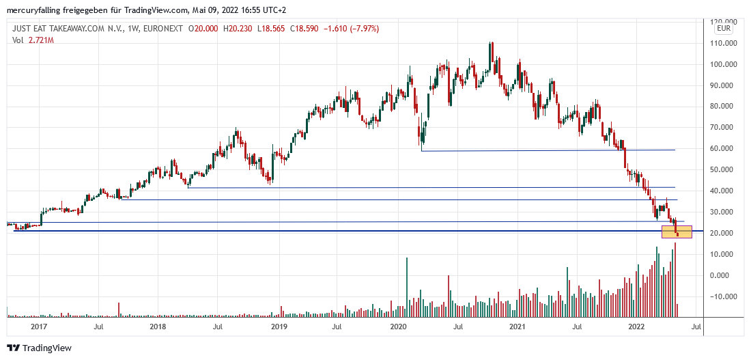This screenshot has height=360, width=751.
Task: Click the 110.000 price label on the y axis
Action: point(724,43)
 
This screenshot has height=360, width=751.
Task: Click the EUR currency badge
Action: point(724,29)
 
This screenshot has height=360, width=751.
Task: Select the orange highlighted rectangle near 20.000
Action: point(677,232)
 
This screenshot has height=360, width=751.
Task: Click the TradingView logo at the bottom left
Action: point(39,348)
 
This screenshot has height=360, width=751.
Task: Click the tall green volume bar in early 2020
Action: point(407,287)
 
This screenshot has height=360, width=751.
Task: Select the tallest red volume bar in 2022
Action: point(675,280)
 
